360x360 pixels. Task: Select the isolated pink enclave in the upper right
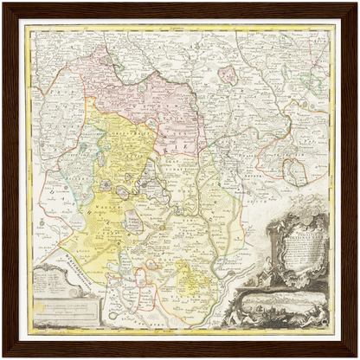click(x=227, y=74)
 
